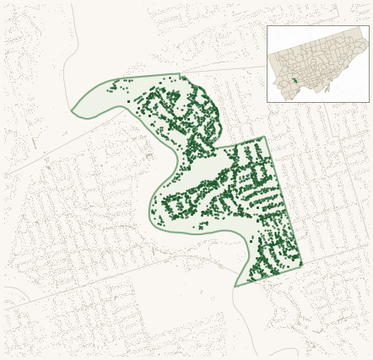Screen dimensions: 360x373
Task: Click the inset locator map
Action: [318, 64]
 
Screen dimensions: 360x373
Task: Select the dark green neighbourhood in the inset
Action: [295, 81]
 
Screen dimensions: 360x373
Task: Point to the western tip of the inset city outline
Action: [270, 61]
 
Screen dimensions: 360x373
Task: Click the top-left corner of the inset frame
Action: [268, 26]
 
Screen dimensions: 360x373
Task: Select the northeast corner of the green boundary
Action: [265, 137]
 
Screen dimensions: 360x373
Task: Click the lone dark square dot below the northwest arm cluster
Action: [129, 101]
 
